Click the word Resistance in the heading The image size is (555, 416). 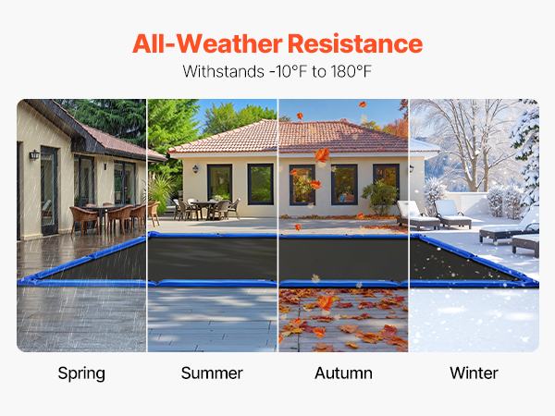coord(355,43)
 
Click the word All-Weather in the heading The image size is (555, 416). coord(207,43)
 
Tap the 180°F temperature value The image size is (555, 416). coord(351,71)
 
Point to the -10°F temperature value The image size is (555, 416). coord(288,71)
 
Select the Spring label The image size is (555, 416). coord(81,373)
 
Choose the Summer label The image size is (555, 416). coord(212,373)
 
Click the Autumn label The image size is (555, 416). coord(343,373)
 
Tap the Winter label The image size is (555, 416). coord(474,373)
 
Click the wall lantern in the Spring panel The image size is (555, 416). coord(34,154)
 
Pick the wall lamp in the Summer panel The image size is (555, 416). coord(195,169)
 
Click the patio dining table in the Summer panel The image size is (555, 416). coord(206,209)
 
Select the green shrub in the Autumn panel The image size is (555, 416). coord(380,196)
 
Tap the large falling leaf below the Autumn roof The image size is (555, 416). coord(322,155)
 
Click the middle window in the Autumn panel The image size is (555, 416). coord(344,185)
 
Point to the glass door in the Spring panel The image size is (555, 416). coord(49,190)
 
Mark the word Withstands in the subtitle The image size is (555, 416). coord(224,71)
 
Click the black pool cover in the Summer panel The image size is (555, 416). coord(213,259)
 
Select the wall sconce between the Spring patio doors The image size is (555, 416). coord(105,165)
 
